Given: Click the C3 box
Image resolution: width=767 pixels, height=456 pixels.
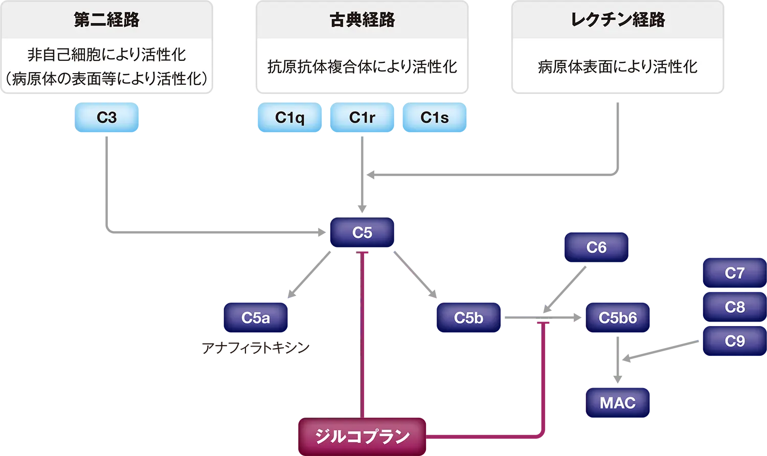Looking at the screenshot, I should click(106, 118).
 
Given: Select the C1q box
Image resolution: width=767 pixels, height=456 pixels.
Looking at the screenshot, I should click(290, 118).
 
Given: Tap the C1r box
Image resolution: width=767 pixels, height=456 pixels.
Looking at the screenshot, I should click(362, 118).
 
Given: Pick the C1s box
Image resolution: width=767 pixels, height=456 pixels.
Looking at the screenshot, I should click(434, 118).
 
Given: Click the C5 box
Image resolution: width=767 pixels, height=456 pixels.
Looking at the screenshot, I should click(362, 233).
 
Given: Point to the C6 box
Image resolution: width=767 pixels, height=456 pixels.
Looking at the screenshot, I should click(596, 247).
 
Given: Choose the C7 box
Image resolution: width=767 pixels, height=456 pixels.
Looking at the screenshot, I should click(734, 273).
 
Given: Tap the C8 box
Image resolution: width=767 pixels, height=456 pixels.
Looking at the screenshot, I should click(734, 307).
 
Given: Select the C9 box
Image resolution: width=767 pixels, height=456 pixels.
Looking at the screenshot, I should click(734, 341).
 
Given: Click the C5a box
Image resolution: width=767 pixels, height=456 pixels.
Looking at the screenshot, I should click(255, 317).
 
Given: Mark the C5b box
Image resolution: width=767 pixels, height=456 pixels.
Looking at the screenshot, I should click(468, 317).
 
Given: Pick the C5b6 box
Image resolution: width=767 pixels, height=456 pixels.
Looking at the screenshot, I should click(618, 317).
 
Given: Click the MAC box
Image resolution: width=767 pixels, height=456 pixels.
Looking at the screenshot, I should click(618, 403).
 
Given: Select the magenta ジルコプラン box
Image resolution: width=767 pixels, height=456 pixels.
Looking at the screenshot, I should click(362, 436).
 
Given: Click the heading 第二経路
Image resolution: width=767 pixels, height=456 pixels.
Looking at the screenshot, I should click(106, 20).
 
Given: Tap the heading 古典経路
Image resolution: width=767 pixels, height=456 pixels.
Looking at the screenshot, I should click(362, 20).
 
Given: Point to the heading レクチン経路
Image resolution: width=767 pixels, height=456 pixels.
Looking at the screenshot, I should click(618, 20).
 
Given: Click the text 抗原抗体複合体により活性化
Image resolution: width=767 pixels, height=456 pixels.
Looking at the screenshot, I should click(362, 66).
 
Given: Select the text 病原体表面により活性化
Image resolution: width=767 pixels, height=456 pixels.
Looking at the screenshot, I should click(618, 66).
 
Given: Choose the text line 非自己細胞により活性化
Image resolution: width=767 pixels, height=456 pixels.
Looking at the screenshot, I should click(106, 54).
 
